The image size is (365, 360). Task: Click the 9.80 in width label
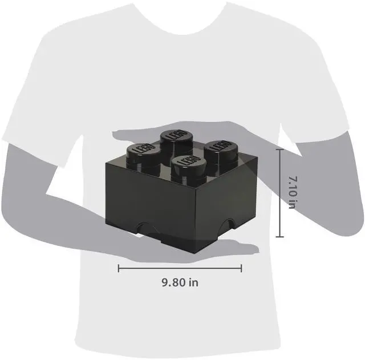180,282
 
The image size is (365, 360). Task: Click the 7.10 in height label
291,192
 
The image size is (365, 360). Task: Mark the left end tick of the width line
119,268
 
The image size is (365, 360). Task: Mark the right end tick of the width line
242,268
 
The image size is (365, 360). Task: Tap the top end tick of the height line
279,148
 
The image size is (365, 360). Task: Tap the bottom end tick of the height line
279,236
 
